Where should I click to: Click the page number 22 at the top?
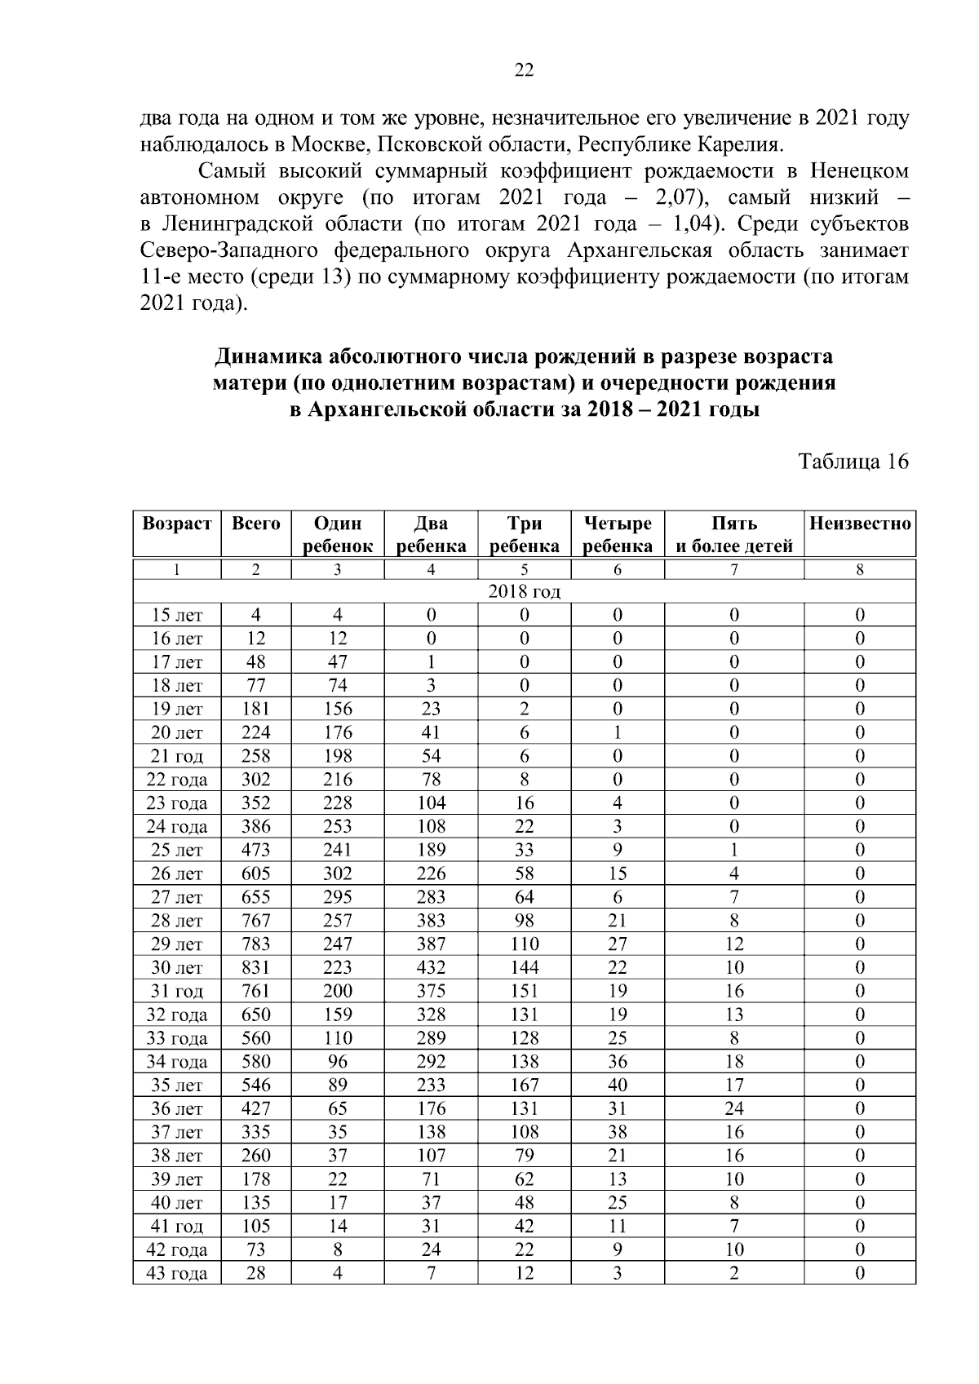point(524,71)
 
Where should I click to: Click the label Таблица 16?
point(853,462)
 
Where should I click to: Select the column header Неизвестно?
point(859,524)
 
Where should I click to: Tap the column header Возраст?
point(176,524)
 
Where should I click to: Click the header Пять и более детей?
point(733,534)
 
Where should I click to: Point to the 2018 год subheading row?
point(524,591)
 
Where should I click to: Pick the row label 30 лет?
point(176,968)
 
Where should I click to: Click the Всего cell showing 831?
point(255,968)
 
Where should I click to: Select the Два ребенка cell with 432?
point(431,968)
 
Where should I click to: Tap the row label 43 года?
point(176,1274)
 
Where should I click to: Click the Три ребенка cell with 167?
point(524,1086)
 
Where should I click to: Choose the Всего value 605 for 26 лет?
point(255,873)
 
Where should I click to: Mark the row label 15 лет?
point(176,615)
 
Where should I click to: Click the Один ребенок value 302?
point(337,873)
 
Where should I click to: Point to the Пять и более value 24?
point(733,1109)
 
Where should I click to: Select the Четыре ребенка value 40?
point(617,1086)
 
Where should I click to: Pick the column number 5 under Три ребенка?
point(524,570)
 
